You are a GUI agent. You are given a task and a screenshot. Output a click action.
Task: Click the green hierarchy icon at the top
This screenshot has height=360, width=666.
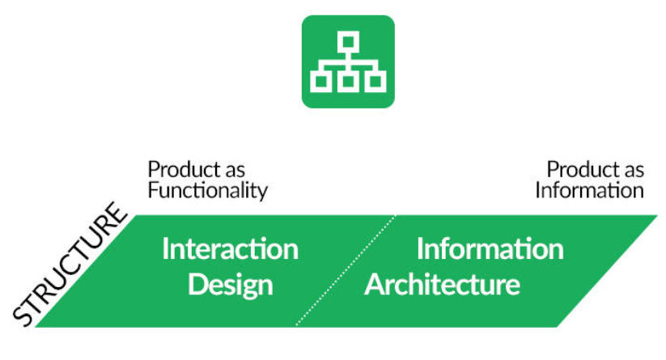[348, 61]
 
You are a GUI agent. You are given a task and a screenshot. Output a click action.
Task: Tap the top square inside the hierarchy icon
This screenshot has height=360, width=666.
[348, 42]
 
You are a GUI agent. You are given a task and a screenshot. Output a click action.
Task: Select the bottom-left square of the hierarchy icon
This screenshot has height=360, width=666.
[321, 82]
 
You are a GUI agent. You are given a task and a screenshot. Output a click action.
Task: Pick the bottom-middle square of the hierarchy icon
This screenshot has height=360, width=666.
[348, 82]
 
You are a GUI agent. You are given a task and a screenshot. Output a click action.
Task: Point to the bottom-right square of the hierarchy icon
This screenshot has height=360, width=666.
[375, 82]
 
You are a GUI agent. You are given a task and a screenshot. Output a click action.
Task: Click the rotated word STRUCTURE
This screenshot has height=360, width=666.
[70, 264]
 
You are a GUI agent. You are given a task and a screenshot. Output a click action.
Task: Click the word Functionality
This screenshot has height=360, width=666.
[208, 191]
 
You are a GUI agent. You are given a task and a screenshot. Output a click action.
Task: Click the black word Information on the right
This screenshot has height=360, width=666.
[590, 190]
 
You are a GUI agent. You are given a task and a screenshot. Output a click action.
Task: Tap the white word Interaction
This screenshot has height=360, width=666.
[230, 249]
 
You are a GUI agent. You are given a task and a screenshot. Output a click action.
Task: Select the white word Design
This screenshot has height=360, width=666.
[230, 286]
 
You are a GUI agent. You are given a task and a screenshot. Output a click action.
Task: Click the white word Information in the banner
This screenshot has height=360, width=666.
[490, 249]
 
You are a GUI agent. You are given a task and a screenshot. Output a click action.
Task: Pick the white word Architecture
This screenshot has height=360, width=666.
[442, 285]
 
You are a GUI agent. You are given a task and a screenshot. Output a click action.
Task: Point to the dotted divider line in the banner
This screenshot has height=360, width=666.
[346, 271]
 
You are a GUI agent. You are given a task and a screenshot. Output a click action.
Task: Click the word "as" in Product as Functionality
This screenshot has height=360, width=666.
[235, 171]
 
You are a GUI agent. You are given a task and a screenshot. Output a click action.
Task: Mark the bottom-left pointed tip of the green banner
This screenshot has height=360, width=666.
[35, 327]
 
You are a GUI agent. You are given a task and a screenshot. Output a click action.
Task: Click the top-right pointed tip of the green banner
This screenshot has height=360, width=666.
[658, 215]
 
